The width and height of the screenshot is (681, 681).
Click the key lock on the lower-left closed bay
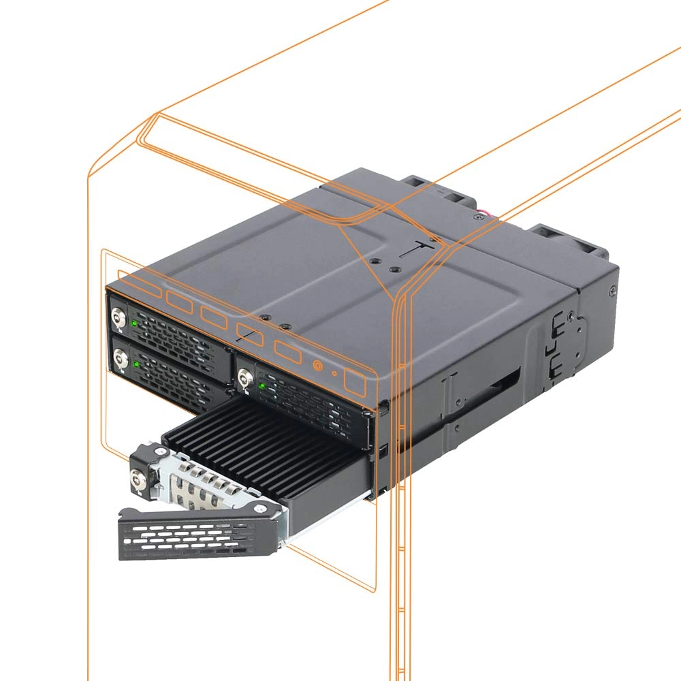point(121,358)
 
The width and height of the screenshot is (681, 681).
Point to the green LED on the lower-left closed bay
point(136,365)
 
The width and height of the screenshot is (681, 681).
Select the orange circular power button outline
point(317,365)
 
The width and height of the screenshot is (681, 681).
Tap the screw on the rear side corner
point(614,289)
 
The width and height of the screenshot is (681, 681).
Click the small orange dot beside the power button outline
point(334,373)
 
